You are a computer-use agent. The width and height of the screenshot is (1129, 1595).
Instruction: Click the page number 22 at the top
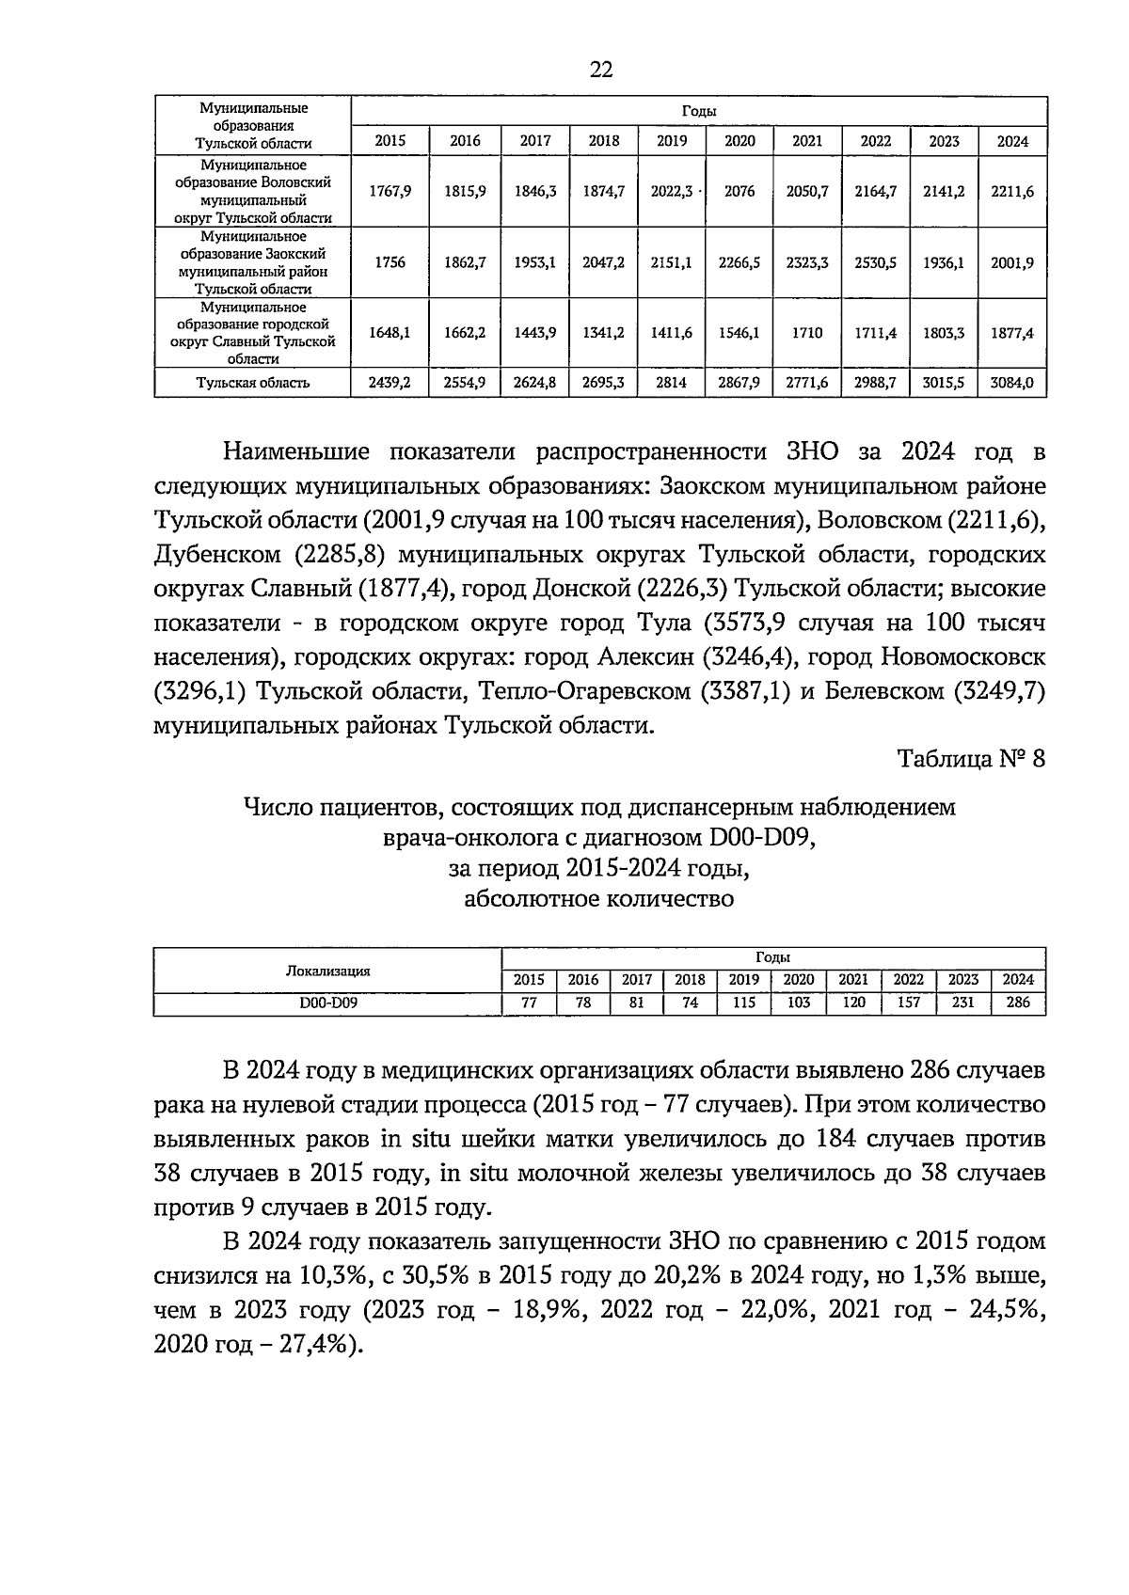pyautogui.click(x=601, y=69)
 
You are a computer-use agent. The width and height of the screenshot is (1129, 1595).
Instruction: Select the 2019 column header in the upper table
pyautogui.click(x=671, y=141)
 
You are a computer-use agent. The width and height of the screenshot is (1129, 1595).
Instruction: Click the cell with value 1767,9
pyautogui.click(x=390, y=191)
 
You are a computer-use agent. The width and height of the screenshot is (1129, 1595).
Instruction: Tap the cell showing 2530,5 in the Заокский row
pyautogui.click(x=876, y=263)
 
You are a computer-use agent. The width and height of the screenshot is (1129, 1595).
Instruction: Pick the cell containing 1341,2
pyautogui.click(x=604, y=333)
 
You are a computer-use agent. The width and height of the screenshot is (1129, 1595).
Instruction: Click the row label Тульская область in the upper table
pyautogui.click(x=252, y=383)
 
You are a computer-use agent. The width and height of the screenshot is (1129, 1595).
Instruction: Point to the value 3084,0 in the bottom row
pyautogui.click(x=1012, y=383)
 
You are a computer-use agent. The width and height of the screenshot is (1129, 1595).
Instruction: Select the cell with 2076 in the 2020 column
pyautogui.click(x=739, y=191)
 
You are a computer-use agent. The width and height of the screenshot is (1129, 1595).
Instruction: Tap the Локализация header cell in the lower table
pyautogui.click(x=327, y=971)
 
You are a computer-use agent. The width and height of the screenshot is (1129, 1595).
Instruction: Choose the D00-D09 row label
pyautogui.click(x=327, y=1003)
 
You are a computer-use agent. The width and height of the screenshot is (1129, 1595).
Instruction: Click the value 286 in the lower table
pyautogui.click(x=1018, y=1003)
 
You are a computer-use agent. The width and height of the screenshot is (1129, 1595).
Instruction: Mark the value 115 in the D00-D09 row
pyautogui.click(x=743, y=1003)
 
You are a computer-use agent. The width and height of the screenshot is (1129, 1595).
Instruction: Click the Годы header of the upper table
pyautogui.click(x=698, y=111)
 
